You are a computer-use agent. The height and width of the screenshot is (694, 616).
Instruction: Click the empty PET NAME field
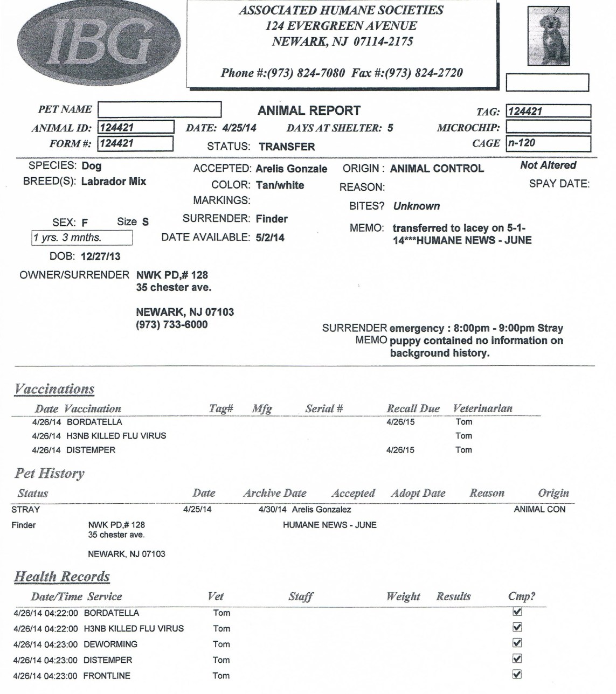point(160,109)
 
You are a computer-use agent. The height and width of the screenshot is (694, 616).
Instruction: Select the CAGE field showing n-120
point(548,143)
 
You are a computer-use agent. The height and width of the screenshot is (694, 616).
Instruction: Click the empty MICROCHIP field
point(548,127)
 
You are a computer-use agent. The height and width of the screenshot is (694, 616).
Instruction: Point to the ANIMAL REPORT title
point(309,110)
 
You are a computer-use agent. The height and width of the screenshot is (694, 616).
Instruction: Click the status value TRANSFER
point(287,147)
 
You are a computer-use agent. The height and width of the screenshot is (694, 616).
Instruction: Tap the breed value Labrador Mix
point(113,181)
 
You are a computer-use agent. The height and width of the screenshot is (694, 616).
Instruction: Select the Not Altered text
point(548,165)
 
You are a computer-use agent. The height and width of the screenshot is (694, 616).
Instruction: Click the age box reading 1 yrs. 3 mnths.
point(82,238)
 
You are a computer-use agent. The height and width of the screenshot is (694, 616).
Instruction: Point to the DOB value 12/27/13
point(100,256)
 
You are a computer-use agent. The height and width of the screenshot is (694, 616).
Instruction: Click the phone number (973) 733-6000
point(171,324)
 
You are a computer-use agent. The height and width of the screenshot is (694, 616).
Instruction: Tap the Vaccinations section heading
point(54,389)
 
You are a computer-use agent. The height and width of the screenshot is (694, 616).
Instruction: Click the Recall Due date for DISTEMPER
point(400,450)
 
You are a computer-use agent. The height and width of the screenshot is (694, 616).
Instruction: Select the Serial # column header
point(324,408)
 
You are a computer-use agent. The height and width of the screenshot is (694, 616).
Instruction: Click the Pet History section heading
point(50,474)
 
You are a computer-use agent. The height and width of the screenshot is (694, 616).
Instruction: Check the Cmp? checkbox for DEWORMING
point(517,643)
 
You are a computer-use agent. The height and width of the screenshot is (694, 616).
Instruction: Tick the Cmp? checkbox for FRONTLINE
point(517,674)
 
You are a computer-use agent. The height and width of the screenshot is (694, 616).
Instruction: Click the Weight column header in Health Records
point(403,596)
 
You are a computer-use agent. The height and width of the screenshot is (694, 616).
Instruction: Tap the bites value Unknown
point(416,206)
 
